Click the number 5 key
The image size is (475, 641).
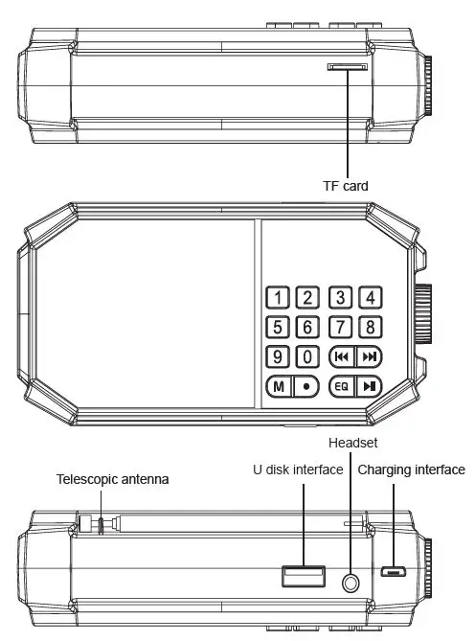point(277,327)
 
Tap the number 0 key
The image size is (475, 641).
point(306,356)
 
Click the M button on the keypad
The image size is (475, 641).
point(277,387)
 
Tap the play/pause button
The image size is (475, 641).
point(370,387)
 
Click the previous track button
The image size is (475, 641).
point(341,356)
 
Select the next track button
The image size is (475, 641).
point(370,356)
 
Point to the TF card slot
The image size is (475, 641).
point(348,67)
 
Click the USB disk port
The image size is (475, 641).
point(302,576)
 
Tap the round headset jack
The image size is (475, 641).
point(351,582)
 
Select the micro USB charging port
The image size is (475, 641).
point(393,573)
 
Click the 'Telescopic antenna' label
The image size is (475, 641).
point(113,478)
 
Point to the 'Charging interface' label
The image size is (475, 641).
point(411,469)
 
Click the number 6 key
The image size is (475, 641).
point(306,327)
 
